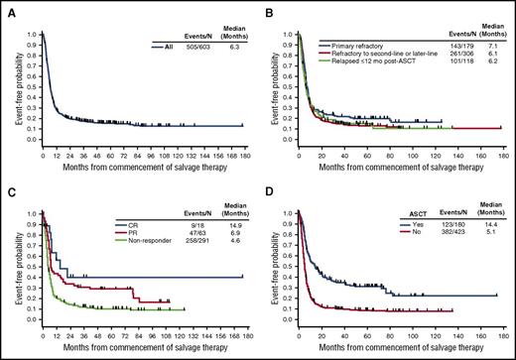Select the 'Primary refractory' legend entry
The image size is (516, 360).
click(356, 46)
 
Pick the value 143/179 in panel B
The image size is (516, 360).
click(451, 46)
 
